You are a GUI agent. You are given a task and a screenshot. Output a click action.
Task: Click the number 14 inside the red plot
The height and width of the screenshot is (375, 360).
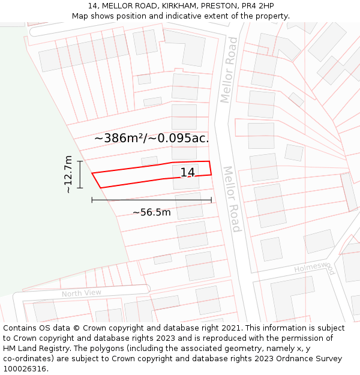[x=188, y=173]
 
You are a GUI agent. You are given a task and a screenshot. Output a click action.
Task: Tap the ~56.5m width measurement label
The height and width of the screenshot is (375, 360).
[x=152, y=212]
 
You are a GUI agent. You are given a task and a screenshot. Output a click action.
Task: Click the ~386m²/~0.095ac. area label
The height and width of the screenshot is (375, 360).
[x=151, y=138]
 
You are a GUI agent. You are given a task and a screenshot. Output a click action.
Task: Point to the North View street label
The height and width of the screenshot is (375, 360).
[x=82, y=293]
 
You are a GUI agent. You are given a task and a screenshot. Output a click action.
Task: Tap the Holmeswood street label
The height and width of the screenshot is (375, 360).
[x=314, y=266]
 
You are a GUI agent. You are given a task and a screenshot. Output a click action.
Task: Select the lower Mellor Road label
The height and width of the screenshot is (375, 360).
[x=232, y=199]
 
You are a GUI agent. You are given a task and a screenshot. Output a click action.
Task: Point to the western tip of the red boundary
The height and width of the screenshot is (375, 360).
[x=92, y=173]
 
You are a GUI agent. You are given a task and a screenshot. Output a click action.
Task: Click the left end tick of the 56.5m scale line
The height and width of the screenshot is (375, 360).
[x=92, y=200]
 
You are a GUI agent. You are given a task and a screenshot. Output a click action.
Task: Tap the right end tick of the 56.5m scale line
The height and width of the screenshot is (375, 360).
[x=211, y=200]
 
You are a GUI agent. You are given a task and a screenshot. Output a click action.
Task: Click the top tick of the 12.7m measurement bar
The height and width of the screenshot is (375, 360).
[x=80, y=161]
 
